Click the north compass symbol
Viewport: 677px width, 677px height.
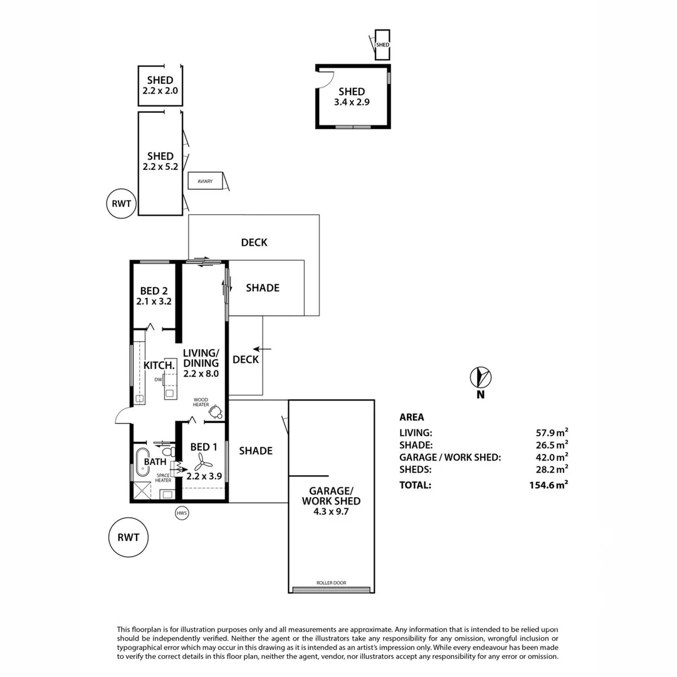click(481, 377)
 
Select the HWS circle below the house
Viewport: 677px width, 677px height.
click(182, 513)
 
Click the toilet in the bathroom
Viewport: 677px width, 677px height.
click(167, 451)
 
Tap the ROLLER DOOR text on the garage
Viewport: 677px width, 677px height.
click(331, 582)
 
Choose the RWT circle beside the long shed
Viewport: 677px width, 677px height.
click(121, 202)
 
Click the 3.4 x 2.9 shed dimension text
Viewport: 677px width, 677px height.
click(352, 102)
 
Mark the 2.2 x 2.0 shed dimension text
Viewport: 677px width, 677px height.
click(160, 91)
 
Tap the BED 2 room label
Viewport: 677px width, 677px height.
click(154, 291)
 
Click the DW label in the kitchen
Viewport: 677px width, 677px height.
click(159, 379)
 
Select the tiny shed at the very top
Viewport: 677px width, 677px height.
click(382, 45)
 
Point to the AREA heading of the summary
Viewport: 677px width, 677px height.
click(411, 417)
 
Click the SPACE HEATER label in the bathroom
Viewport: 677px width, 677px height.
click(164, 478)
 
